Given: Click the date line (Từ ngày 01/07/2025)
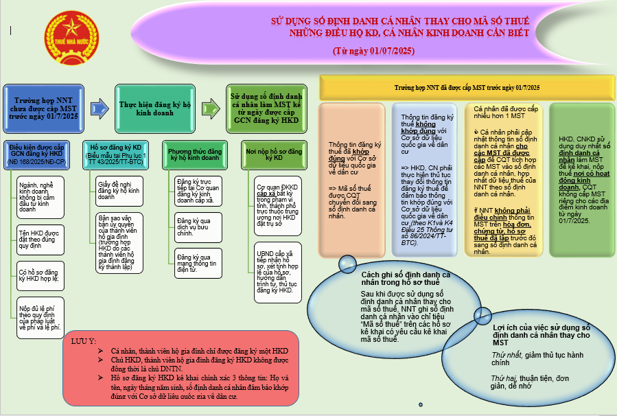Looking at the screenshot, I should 373,51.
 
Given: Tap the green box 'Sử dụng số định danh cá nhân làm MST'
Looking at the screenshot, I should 266,107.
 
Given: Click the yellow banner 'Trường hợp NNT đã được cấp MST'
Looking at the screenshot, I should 467,88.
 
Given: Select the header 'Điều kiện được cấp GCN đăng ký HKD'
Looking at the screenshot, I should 36,154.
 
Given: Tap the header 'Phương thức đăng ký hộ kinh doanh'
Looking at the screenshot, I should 194,154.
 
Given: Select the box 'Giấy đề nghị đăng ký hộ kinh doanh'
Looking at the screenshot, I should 119,189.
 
